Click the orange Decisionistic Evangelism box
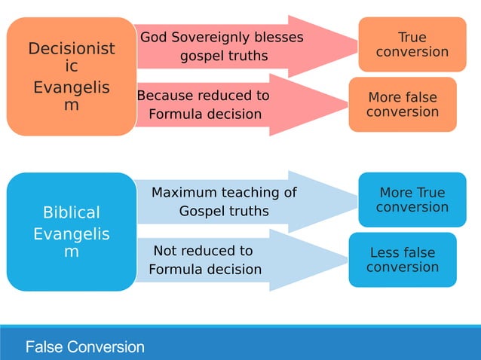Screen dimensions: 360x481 [x=71, y=77]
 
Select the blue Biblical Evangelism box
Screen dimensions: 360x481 [x=71, y=232]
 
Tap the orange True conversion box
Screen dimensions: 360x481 [x=412, y=44]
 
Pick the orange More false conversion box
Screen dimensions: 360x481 [x=402, y=105]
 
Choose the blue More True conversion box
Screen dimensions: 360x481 [x=412, y=200]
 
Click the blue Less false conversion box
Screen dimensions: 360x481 [x=402, y=260]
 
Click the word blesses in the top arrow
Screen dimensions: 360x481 [x=280, y=38]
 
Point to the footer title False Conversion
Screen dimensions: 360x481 [x=84, y=347]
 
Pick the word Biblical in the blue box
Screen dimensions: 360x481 [x=71, y=212]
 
